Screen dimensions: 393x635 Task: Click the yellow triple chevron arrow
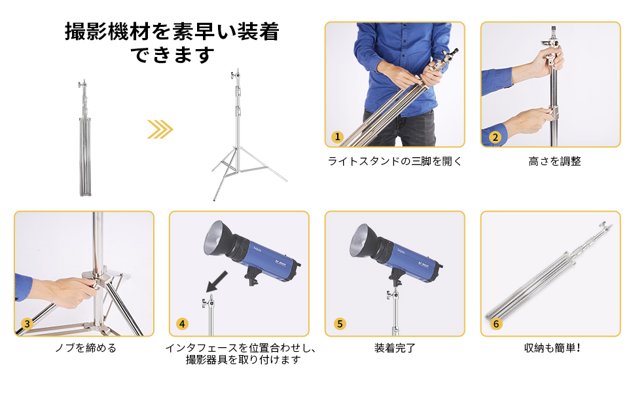click(x=160, y=129)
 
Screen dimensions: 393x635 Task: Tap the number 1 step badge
click(x=337, y=137)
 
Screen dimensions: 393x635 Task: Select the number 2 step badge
click(x=495, y=137)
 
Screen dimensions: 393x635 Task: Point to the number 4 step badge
click(x=182, y=324)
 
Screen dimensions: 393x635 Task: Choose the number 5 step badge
click(x=339, y=324)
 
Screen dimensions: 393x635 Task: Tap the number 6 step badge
click(x=496, y=324)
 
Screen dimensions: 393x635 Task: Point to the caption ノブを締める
click(x=85, y=348)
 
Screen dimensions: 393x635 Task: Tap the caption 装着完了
click(x=395, y=348)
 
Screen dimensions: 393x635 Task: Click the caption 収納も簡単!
click(x=552, y=348)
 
